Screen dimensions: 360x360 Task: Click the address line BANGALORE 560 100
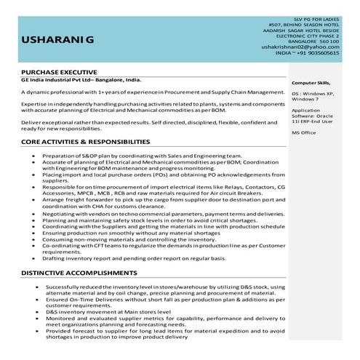tap(317, 41)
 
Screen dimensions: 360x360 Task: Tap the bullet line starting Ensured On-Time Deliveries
tap(168, 298)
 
